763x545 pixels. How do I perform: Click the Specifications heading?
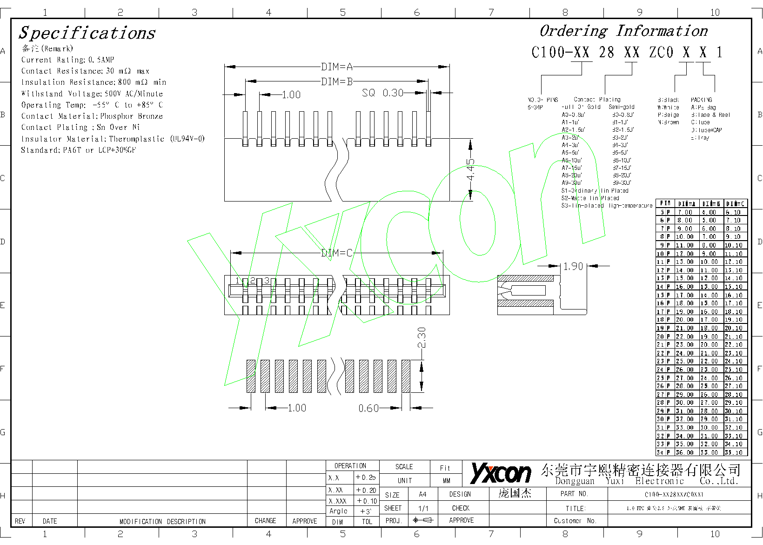pyautogui.click(x=87, y=33)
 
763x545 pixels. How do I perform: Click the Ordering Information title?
pyautogui.click(x=623, y=31)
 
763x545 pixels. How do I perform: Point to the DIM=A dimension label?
pyautogui.click(x=337, y=67)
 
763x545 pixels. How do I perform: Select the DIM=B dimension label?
pyautogui.click(x=337, y=81)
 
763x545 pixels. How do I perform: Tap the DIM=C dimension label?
pyautogui.click(x=337, y=253)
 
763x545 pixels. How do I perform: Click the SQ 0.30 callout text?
pyautogui.click(x=382, y=93)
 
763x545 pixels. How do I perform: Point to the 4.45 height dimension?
pyautogui.click(x=471, y=169)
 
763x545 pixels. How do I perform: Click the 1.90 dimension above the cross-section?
pyautogui.click(x=573, y=266)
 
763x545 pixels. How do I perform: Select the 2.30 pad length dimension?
pyautogui.click(x=422, y=338)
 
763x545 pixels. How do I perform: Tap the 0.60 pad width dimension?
pyautogui.click(x=368, y=408)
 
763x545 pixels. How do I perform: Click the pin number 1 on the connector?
pyautogui.click(x=238, y=281)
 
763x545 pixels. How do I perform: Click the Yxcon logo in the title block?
pyautogui.click(x=501, y=473)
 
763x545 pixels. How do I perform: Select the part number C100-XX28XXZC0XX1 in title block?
pyautogui.click(x=674, y=494)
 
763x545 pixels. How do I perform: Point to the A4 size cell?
pyautogui.click(x=422, y=494)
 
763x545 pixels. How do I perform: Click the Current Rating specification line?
pyautogui.click(x=67, y=60)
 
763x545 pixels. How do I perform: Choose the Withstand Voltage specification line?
pyautogui.click(x=92, y=94)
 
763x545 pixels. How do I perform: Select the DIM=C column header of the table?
pyautogui.click(x=736, y=203)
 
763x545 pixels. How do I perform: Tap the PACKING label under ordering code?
pyautogui.click(x=701, y=100)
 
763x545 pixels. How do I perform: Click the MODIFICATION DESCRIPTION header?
pyautogui.click(x=162, y=521)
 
